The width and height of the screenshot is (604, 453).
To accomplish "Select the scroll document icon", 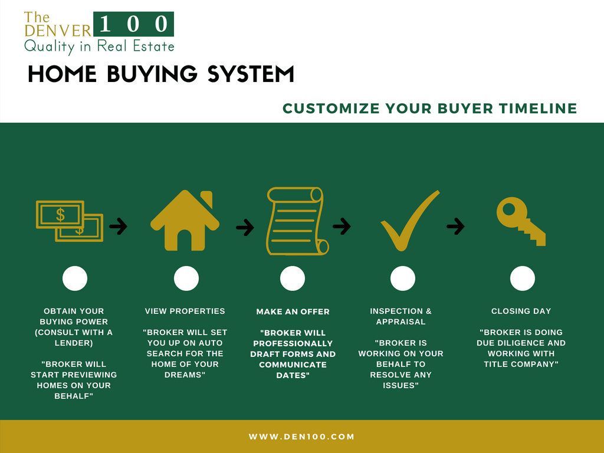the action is point(297,221).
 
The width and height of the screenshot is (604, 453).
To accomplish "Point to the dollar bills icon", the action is point(70,221).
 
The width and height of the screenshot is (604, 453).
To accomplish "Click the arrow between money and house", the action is point(118,226).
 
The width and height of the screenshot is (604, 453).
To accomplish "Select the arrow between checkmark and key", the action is point(456,226).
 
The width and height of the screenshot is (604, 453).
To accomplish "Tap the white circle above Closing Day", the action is point(523,278).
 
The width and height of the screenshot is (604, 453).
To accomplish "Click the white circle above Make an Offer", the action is point(293,278).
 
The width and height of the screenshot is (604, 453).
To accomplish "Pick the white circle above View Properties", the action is point(186,278).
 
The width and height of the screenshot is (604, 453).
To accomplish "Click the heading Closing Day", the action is point(521,311).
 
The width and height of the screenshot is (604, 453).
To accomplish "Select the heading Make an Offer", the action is point(293,311).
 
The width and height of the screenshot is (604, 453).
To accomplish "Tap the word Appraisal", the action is point(401,321).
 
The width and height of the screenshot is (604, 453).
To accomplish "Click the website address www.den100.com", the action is point(301,437).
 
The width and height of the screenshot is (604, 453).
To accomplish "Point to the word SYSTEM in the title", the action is point(251,74).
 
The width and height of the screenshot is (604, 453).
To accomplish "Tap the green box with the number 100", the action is point(133,24).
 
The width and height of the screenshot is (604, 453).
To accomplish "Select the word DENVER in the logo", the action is point(58,31).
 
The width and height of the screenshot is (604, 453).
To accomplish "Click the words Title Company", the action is point(521,364).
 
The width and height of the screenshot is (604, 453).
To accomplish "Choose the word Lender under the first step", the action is point(74,343).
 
